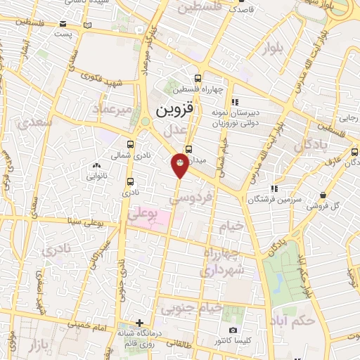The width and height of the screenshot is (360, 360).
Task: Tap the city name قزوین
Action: pyautogui.click(x=172, y=110)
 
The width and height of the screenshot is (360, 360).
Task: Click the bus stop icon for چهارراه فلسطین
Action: pyautogui.click(x=199, y=79)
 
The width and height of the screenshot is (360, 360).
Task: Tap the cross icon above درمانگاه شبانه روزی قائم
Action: pyautogui.click(x=140, y=322)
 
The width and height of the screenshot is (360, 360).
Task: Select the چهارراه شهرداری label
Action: pyautogui.click(x=223, y=262)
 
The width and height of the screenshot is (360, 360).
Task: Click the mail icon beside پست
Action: pyautogui.click(x=86, y=26)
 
